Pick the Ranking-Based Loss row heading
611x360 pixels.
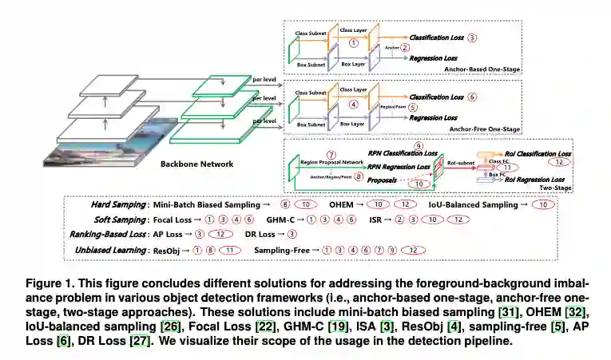click(x=109, y=235)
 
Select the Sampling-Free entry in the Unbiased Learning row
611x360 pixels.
click(x=281, y=250)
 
